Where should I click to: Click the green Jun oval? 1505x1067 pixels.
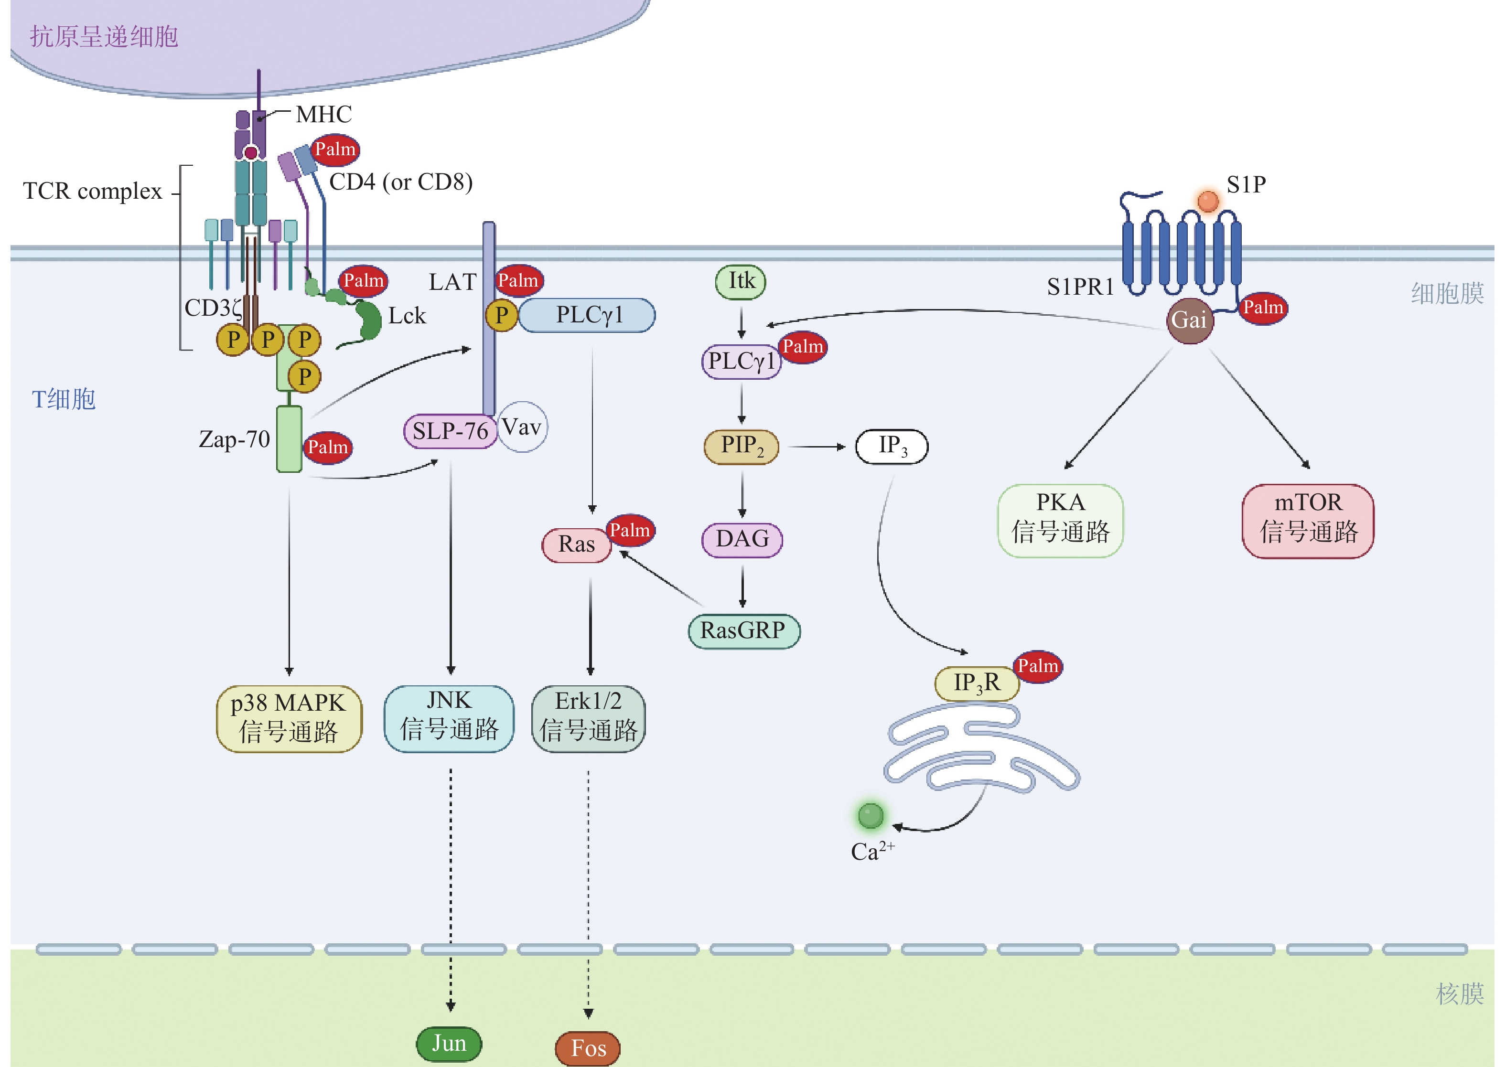449,1043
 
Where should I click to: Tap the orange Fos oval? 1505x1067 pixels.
588,1048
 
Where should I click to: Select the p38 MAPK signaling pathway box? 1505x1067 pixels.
289,718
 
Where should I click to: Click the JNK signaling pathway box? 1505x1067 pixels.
449,718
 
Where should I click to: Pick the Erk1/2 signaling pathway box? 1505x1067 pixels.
588,718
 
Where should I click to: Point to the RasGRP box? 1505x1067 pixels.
743,631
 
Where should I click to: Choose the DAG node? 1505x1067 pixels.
742,539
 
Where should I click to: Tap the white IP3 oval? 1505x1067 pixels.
891,446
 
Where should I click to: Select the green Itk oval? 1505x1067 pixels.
741,282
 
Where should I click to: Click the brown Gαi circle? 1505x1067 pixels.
1189,320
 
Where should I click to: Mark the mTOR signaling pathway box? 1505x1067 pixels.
1307,520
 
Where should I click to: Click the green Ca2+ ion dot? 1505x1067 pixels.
870,816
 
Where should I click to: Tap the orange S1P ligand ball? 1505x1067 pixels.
1208,201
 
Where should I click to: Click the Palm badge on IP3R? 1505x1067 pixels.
1037,666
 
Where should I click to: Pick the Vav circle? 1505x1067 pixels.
522,427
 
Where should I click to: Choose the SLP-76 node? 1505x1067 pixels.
450,431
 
